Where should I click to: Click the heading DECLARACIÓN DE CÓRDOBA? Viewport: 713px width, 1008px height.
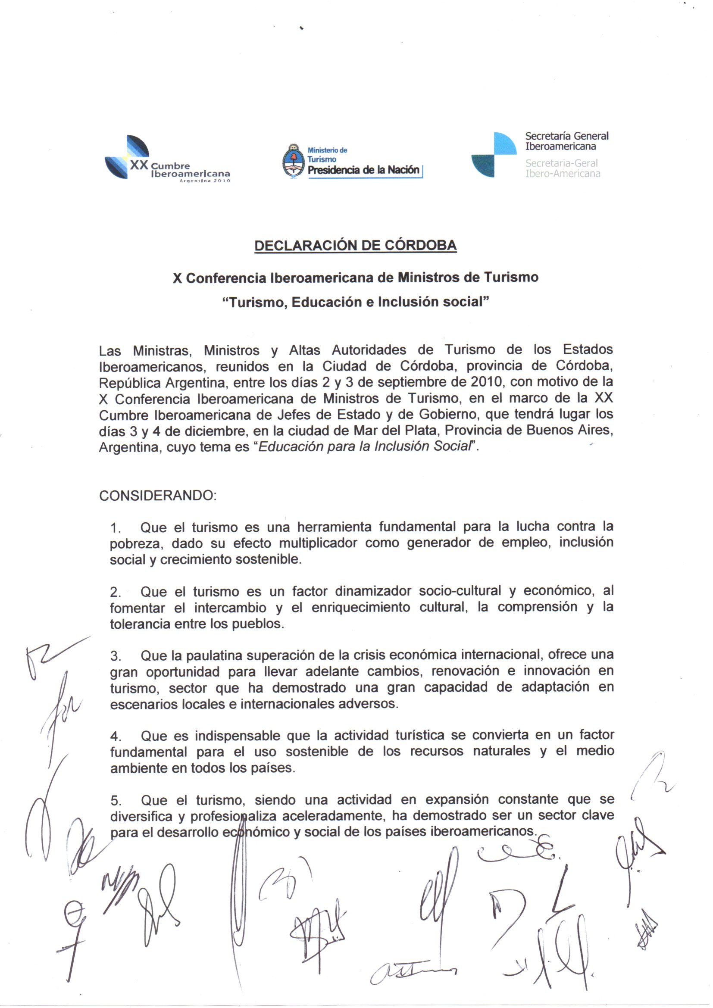pos(356,245)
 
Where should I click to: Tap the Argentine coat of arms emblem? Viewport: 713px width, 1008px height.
pos(293,161)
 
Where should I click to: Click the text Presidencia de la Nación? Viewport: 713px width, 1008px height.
pos(363,170)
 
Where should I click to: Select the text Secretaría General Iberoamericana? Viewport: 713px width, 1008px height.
pos(566,141)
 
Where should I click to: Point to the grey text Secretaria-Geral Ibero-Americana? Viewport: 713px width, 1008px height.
pos(563,168)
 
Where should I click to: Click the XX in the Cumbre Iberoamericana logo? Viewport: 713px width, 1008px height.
pos(140,165)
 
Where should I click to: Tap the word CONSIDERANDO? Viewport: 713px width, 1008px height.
pos(158,496)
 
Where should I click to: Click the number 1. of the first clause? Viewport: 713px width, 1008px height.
pos(116,528)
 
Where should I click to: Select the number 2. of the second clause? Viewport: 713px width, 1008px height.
pos(116,592)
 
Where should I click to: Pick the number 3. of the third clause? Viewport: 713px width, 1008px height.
pos(116,656)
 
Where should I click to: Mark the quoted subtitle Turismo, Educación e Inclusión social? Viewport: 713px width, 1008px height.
pos(356,303)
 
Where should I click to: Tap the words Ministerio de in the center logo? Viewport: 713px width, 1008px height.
pos(328,150)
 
